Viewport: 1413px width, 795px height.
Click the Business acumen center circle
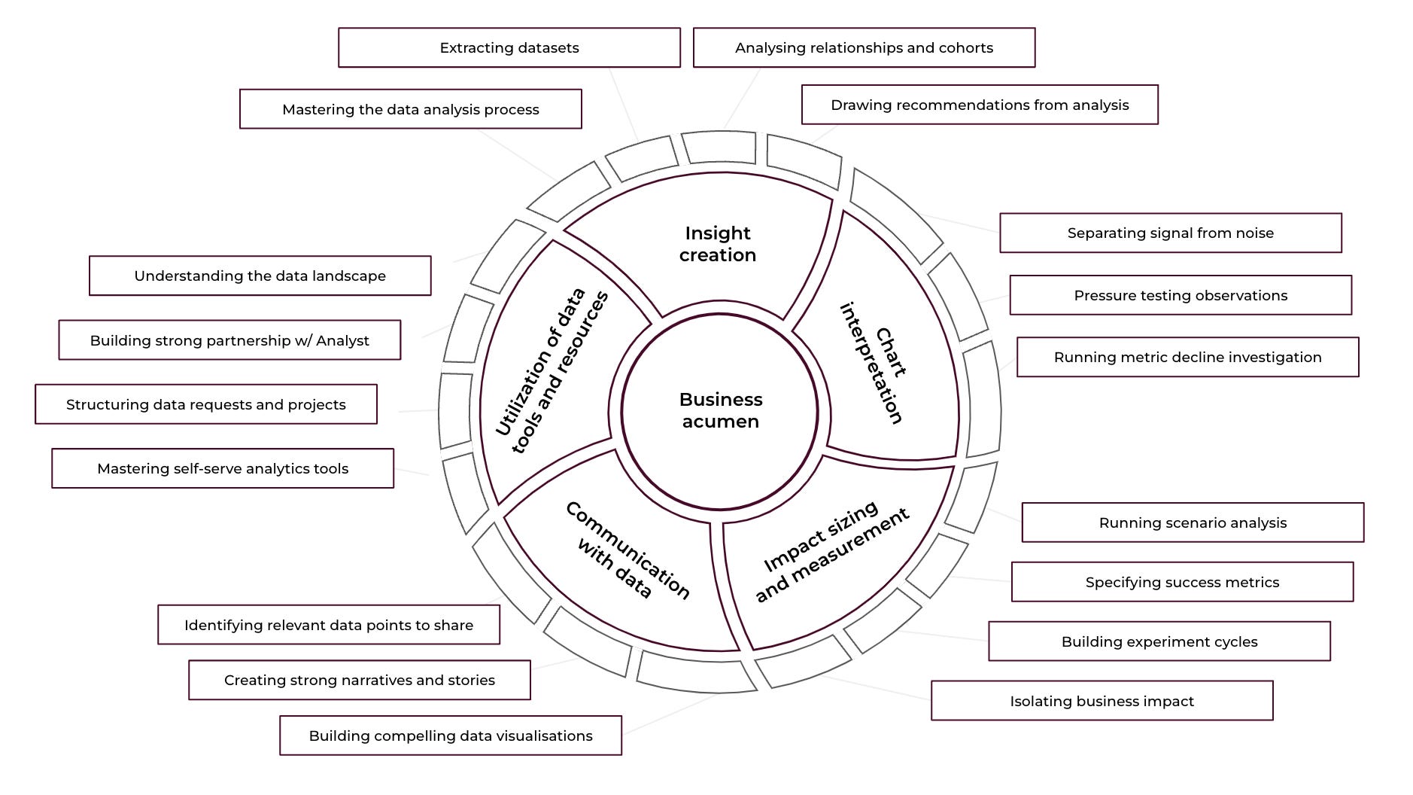[x=720, y=410]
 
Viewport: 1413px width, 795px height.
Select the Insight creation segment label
[x=717, y=244]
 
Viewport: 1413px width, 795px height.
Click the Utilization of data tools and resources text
[x=551, y=371]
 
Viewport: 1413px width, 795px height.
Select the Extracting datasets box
[x=509, y=47]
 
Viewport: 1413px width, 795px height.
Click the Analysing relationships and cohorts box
[x=863, y=47]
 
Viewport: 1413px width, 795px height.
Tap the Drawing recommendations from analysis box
[x=979, y=105]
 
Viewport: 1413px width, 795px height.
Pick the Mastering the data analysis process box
[x=410, y=109]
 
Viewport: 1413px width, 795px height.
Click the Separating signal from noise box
[x=1170, y=233]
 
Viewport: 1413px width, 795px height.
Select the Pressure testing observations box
[x=1180, y=295]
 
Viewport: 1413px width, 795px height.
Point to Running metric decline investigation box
[x=1187, y=357]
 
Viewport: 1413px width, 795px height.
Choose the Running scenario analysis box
[x=1192, y=522]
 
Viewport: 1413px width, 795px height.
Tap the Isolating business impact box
[x=1102, y=701]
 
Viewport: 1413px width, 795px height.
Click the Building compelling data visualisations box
[x=450, y=736]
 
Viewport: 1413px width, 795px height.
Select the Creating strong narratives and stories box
[x=359, y=680]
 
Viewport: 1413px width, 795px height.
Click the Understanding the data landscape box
[x=260, y=276]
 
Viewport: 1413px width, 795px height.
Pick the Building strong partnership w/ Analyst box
[x=229, y=340]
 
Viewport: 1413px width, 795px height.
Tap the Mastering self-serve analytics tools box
[x=222, y=468]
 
